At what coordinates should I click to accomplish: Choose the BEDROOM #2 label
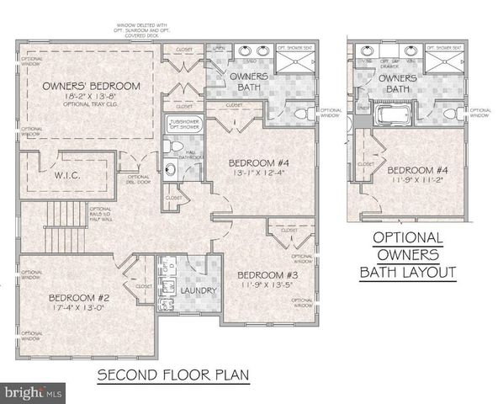77,297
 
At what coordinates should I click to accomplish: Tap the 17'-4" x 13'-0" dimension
77,309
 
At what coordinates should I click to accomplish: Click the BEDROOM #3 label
265,275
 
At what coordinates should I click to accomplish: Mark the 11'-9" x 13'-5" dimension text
265,286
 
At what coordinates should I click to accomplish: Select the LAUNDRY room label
199,291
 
